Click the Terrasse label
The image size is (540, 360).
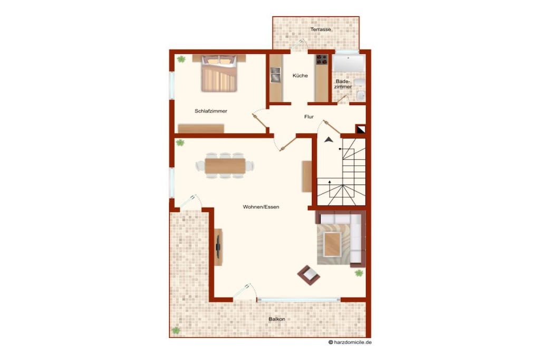(321, 30)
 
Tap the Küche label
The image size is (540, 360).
(300, 76)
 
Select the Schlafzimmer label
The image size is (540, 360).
(211, 111)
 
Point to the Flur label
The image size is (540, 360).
(309, 116)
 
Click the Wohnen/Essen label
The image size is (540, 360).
(261, 207)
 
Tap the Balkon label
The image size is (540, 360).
(277, 319)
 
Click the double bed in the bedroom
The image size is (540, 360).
(219, 73)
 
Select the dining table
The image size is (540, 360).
(225, 166)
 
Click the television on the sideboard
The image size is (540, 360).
(218, 247)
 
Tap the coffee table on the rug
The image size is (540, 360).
(333, 245)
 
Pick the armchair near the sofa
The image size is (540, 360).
(308, 275)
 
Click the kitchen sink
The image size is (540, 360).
(275, 75)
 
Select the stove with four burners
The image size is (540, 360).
(322, 60)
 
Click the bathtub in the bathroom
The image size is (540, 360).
(349, 63)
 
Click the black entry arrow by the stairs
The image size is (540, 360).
(329, 139)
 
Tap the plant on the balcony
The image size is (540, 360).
(176, 330)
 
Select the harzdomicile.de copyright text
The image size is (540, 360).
(350, 342)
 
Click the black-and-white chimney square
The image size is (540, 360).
(361, 129)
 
